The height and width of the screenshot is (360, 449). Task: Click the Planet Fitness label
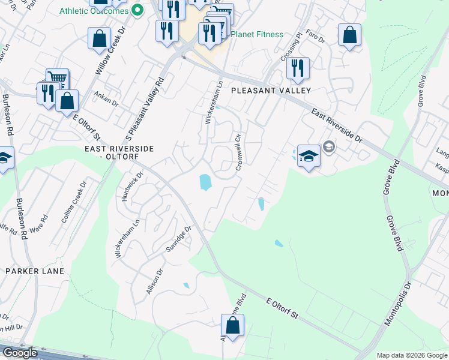257,34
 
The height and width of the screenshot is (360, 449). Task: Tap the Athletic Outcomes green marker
137,10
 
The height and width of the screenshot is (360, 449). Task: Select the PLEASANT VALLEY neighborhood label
271,91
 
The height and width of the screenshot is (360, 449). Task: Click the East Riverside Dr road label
337,125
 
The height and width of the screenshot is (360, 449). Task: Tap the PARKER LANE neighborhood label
30,271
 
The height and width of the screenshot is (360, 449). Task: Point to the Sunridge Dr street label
179,239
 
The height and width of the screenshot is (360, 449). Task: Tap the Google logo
20,353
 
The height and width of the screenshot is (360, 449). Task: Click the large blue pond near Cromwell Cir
205,182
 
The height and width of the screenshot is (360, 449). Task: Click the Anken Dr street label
107,99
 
